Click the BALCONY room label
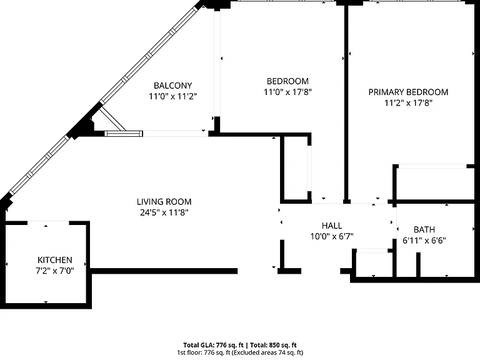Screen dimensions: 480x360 (172, 86)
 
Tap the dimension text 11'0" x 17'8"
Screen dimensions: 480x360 (287, 92)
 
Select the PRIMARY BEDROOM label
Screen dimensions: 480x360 (408, 92)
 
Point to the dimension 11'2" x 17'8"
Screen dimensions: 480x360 (408, 103)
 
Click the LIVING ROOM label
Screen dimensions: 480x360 (164, 202)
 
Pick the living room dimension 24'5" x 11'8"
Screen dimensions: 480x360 (164, 212)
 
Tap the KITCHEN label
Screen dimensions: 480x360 (55, 260)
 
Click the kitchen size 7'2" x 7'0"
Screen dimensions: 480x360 (55, 271)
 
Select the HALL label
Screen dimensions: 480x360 (332, 226)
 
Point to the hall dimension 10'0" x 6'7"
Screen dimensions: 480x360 (332, 237)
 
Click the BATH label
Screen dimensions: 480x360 (424, 229)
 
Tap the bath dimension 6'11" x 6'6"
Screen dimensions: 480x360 (424, 241)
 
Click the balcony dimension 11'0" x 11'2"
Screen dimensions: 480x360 (172, 96)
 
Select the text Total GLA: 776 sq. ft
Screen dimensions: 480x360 (213, 345)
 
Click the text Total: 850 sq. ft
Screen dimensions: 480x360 (273, 345)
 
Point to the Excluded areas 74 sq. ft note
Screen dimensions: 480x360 (268, 352)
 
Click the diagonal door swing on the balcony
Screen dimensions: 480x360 (112, 119)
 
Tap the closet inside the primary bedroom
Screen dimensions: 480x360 (435, 183)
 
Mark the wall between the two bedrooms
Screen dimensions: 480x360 (346, 104)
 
